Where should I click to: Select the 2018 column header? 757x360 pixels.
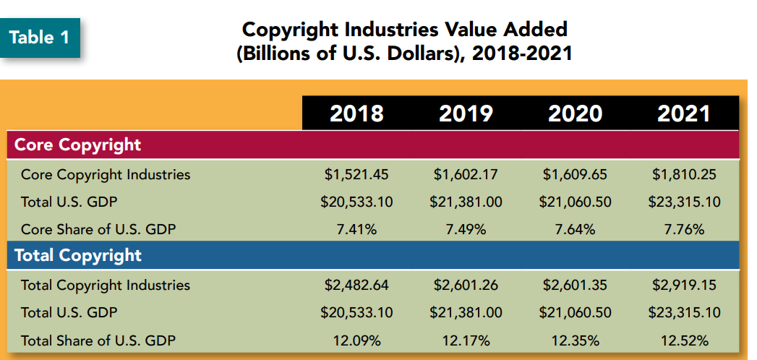pyautogui.click(x=356, y=113)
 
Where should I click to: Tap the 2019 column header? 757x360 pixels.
pyautogui.click(x=466, y=113)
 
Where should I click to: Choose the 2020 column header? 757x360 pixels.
pyautogui.click(x=575, y=113)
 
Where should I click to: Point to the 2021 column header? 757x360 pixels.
pyautogui.click(x=684, y=113)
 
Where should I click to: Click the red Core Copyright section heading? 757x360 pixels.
pyautogui.click(x=78, y=145)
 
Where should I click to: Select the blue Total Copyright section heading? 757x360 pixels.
pyautogui.click(x=78, y=255)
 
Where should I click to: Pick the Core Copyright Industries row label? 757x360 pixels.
pyautogui.click(x=106, y=174)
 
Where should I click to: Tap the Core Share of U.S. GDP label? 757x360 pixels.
pyautogui.click(x=98, y=230)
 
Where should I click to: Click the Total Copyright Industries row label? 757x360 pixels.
pyautogui.click(x=106, y=285)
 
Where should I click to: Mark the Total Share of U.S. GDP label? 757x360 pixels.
pyautogui.click(x=98, y=340)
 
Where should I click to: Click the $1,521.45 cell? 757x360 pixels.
pyautogui.click(x=356, y=174)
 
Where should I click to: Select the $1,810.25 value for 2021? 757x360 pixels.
pyautogui.click(x=684, y=174)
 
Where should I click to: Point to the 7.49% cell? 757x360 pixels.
pyautogui.click(x=466, y=230)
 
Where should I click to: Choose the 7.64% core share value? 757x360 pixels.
pyautogui.click(x=575, y=230)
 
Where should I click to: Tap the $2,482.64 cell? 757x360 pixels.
pyautogui.click(x=356, y=285)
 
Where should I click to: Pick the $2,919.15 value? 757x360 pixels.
pyautogui.click(x=684, y=285)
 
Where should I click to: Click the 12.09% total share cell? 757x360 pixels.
pyautogui.click(x=356, y=340)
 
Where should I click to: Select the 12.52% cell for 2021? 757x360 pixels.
pyautogui.click(x=684, y=340)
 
